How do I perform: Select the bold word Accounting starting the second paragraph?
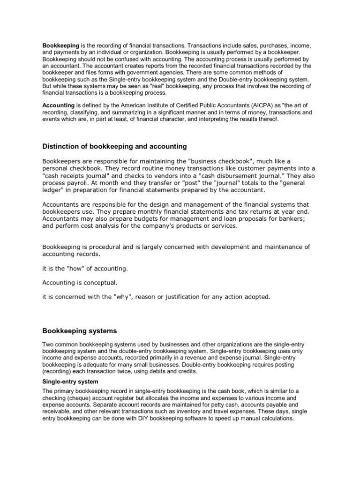(59, 106)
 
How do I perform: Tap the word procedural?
(106, 247)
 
